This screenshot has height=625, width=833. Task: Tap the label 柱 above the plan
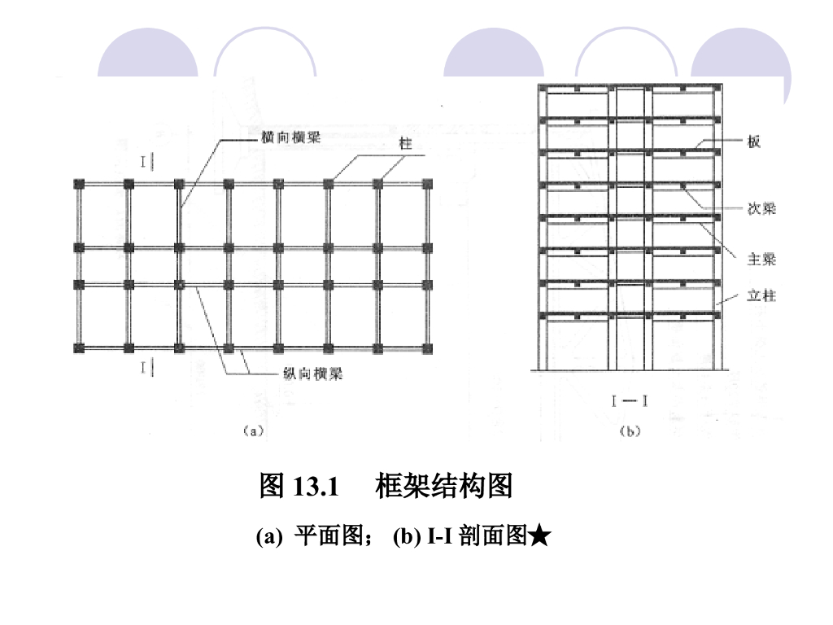tap(404, 144)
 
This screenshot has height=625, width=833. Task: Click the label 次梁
tap(761, 209)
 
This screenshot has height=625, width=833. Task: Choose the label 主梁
tap(761, 260)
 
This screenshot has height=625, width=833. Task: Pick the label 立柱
tap(761, 296)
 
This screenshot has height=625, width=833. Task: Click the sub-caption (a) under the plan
tap(253, 431)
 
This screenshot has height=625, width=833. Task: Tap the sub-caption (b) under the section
tap(630, 431)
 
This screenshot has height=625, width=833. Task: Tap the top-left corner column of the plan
tap(78, 184)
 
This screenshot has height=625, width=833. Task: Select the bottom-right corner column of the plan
tap(427, 348)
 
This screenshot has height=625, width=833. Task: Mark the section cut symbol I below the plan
tap(145, 369)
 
